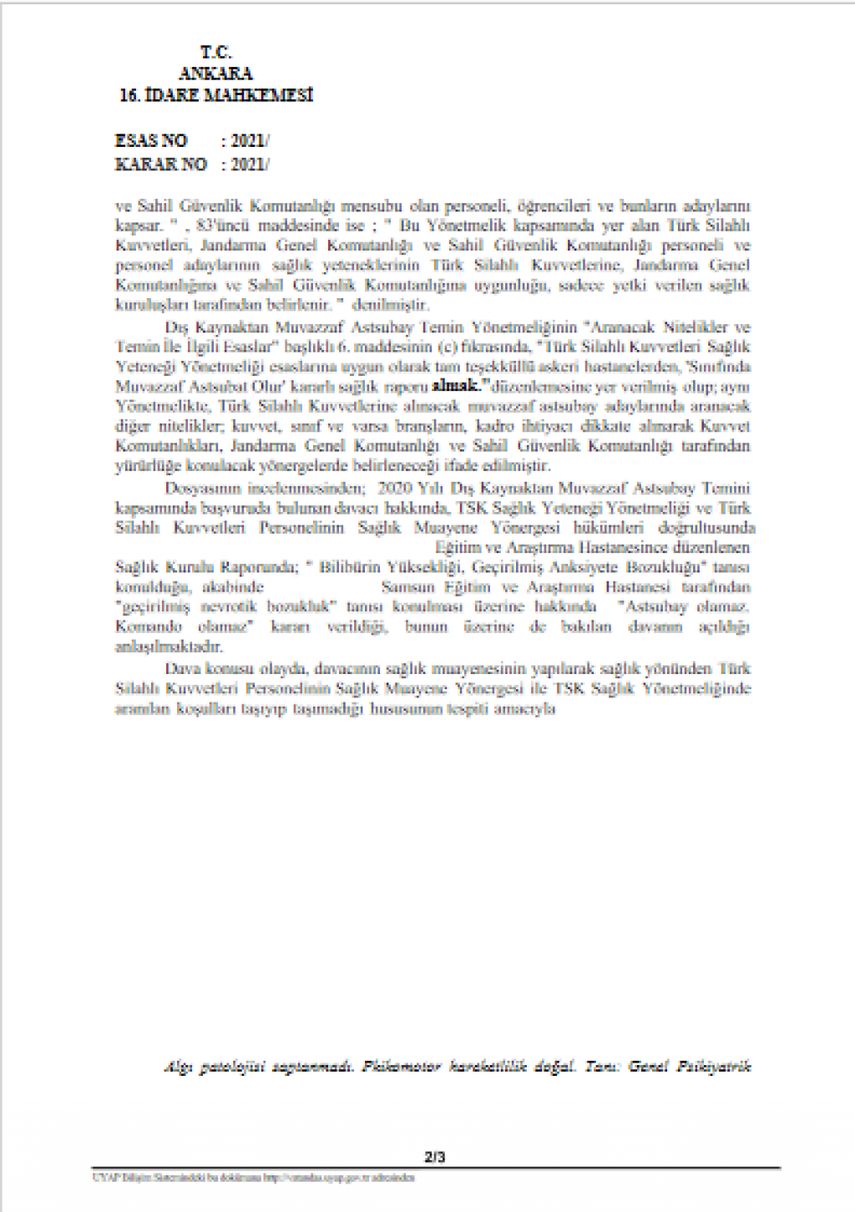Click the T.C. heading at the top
tap(215, 52)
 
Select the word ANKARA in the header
tap(215, 74)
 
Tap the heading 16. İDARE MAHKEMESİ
tap(215, 95)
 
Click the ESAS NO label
tap(151, 141)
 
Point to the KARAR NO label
tap(160, 165)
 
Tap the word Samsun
tap(407, 587)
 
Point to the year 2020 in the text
tap(396, 488)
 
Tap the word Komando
tap(148, 626)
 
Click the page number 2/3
tap(434, 1157)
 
